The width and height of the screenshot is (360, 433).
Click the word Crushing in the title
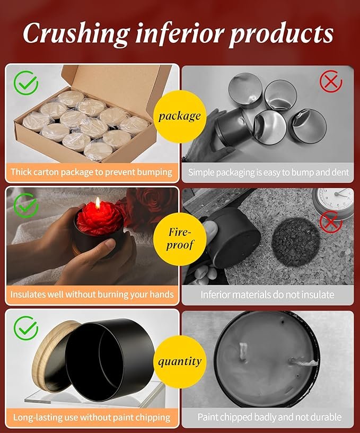click(x=76, y=34)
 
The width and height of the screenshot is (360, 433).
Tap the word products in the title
click(x=282, y=35)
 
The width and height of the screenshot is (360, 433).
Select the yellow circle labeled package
click(x=180, y=117)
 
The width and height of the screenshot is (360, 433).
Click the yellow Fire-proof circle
click(x=180, y=239)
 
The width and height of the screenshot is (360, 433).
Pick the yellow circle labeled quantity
click(x=180, y=362)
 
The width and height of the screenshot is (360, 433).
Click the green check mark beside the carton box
click(x=26, y=83)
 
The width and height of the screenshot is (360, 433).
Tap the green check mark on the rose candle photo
click(x=26, y=205)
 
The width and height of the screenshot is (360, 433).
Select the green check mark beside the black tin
click(x=26, y=328)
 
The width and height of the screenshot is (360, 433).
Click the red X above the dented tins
click(x=331, y=82)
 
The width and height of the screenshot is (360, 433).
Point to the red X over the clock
click(x=331, y=222)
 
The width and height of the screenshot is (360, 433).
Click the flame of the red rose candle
click(x=98, y=203)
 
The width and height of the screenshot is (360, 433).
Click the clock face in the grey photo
click(x=336, y=200)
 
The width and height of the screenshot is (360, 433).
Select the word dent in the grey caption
click(x=340, y=172)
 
